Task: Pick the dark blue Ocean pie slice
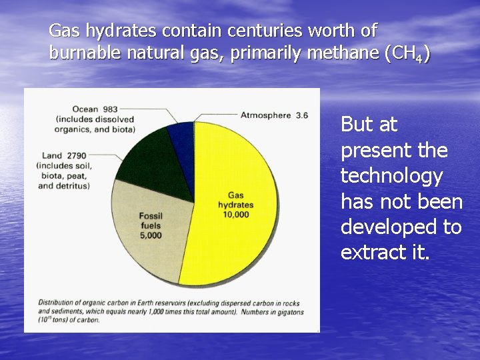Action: point(182,136)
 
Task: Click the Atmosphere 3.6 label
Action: point(274,115)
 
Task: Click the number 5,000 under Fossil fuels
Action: point(151,235)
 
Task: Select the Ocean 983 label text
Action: point(94,109)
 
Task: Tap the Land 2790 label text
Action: point(61,156)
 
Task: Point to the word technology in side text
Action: point(391,176)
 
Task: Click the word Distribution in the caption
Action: point(56,303)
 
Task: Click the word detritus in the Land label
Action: point(74,186)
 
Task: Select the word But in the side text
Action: point(355,125)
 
